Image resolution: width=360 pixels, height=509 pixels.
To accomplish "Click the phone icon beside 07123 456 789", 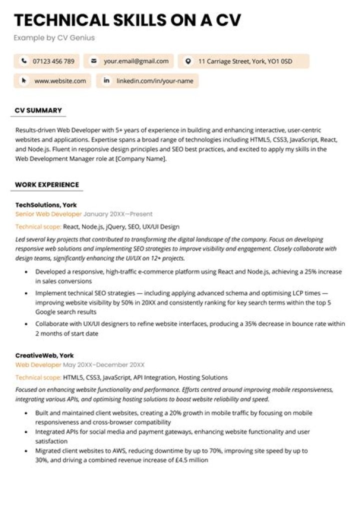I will (x=23, y=61).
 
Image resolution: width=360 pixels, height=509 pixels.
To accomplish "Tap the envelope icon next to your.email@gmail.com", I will (x=93, y=61).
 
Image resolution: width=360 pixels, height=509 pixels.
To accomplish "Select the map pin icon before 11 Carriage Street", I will (x=188, y=61).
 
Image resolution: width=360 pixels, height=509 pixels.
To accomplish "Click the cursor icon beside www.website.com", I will (x=23, y=80).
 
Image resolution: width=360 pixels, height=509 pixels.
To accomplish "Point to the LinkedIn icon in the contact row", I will (x=106, y=80).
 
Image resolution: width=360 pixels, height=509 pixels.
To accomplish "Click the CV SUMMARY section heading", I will (x=38, y=110).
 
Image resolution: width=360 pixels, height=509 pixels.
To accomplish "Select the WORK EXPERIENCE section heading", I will (x=47, y=184).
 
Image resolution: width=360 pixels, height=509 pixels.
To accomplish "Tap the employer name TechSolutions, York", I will (x=46, y=205).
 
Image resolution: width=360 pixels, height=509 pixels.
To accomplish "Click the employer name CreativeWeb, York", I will (x=44, y=355).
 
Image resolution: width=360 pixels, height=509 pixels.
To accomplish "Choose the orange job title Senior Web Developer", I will (x=48, y=214).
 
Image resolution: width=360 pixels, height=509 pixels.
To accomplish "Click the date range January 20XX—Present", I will (x=118, y=214).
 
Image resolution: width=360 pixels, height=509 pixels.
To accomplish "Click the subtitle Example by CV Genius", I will (x=54, y=37).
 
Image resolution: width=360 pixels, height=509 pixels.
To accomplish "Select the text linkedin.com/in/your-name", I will (x=155, y=80).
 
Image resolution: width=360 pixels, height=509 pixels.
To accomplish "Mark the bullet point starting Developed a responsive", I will (x=26, y=272).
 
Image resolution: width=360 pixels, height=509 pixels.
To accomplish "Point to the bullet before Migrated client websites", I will (x=26, y=450).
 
